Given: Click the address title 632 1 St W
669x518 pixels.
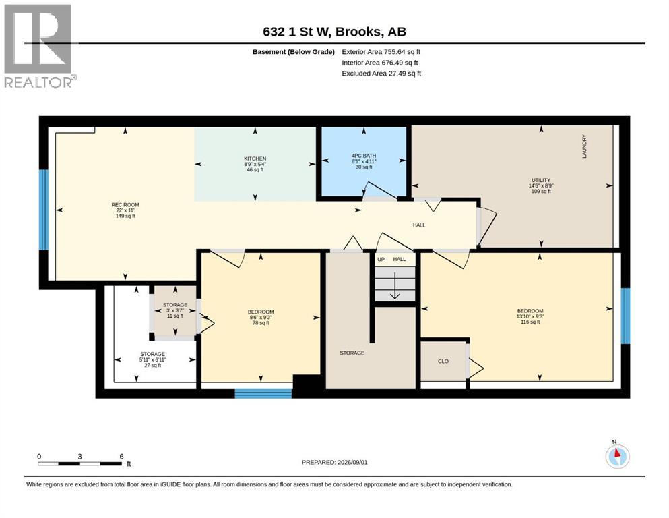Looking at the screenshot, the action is pos(296,32).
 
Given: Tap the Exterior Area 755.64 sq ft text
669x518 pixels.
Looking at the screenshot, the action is pos(381,52).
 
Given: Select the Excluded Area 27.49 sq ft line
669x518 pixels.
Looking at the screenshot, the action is pos(381,74).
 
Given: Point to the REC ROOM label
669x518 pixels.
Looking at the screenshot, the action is pos(125,205).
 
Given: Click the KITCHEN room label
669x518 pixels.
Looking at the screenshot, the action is pos(255,159).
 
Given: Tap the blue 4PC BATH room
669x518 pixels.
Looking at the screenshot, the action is pos(364,163).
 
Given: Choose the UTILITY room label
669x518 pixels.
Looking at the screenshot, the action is pos(541,180).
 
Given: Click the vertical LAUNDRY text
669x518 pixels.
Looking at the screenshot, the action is pos(585,146).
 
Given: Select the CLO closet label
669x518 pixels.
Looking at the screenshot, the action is pos(443,362).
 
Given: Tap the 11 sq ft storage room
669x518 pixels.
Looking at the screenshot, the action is pos(175,310).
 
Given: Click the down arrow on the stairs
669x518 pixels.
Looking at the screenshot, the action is pos(395,285).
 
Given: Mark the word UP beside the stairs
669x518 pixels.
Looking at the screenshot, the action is pos(381,259).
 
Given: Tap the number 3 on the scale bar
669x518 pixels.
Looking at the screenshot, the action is pos(79,456).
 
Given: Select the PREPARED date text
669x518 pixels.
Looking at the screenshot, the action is pos(334,462).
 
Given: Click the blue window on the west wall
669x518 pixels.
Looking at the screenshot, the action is pos(44,210).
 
